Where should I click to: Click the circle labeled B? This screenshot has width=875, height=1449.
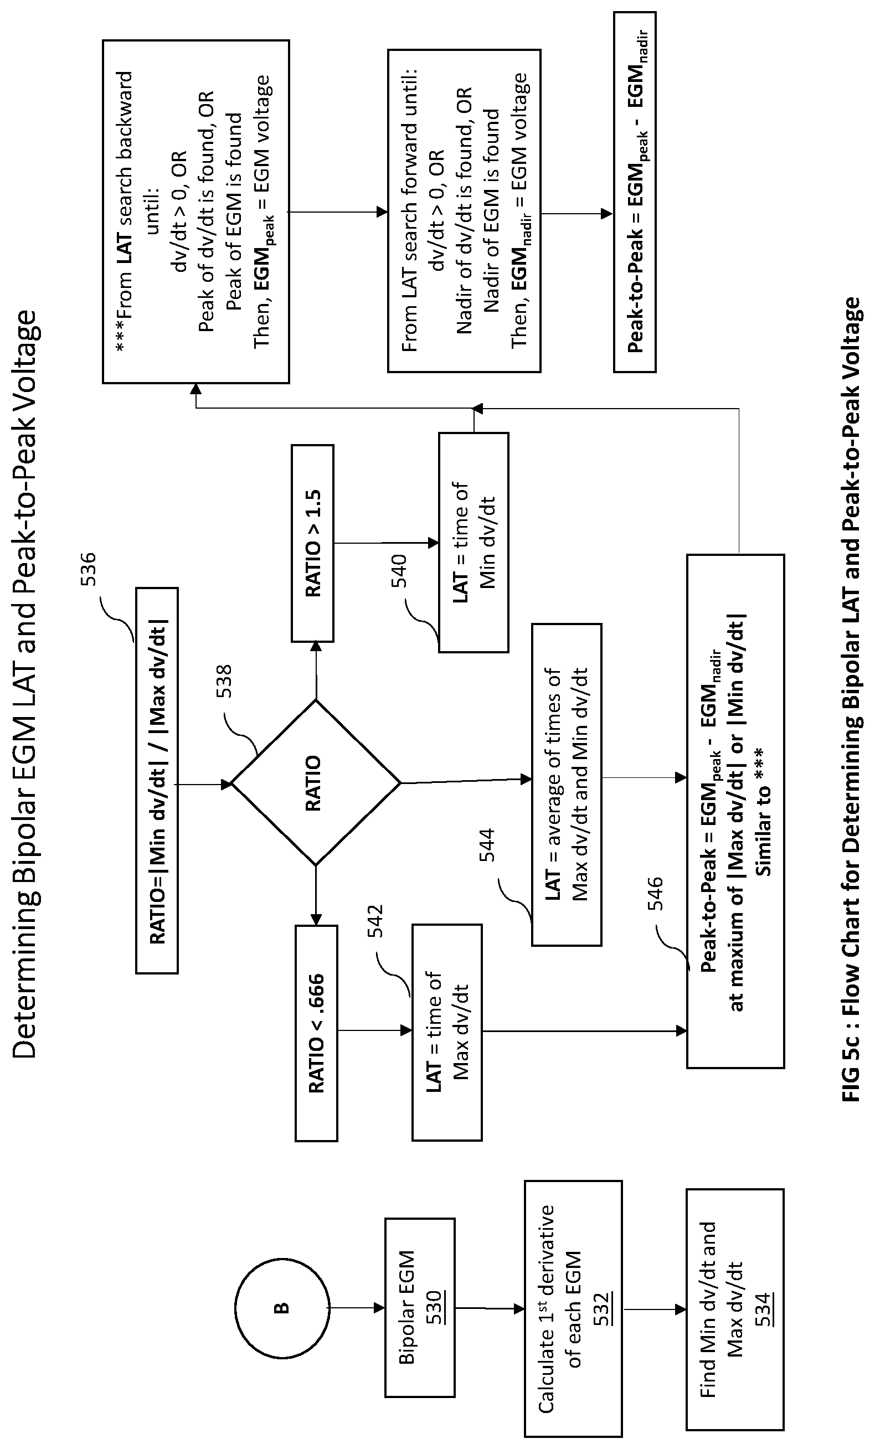pos(282,1308)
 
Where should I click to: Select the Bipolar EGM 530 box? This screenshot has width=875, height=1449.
pos(420,1308)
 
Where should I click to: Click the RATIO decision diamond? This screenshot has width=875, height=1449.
pos(316,783)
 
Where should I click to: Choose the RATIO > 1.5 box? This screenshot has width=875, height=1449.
pos(313,543)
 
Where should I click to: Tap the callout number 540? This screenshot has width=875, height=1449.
pos(399,570)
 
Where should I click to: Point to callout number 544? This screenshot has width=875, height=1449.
pos(487,844)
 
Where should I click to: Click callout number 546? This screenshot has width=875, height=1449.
pos(655,894)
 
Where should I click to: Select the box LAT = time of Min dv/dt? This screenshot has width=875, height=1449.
pos(474,542)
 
